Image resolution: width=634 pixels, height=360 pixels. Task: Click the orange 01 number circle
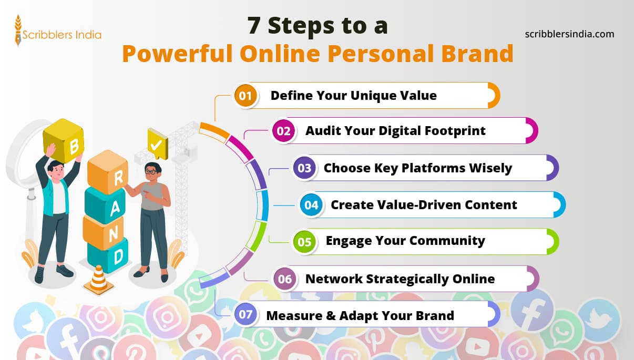(246, 96)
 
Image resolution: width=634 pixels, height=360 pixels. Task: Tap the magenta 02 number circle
(283, 131)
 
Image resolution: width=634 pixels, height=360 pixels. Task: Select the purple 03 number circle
(304, 168)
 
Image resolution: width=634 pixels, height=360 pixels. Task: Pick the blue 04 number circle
(311, 205)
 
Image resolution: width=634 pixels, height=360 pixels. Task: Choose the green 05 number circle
(304, 242)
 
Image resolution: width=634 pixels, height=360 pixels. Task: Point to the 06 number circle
(284, 279)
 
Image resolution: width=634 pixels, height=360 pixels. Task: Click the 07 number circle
(246, 315)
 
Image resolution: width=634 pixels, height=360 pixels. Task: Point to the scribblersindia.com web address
(569, 34)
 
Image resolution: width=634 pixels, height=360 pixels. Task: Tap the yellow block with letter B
(63, 141)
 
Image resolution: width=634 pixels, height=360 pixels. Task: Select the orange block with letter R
(108, 171)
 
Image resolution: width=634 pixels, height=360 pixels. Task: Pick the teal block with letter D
(108, 255)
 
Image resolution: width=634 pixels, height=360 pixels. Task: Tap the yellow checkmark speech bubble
(156, 143)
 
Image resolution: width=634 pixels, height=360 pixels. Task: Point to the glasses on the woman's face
(151, 171)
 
